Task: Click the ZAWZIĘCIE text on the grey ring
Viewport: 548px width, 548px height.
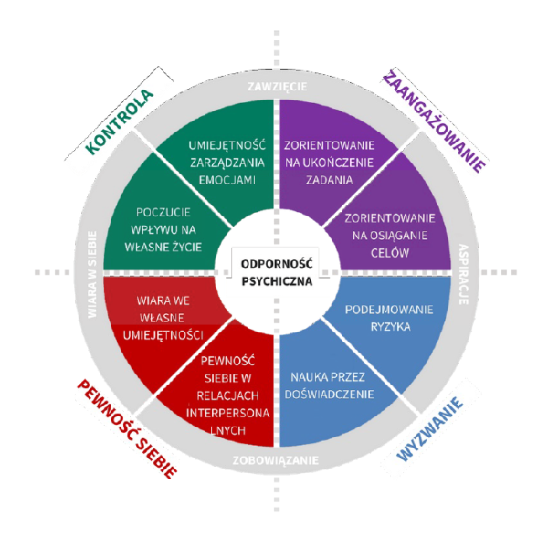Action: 278,88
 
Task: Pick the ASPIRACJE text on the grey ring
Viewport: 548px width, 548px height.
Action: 463,271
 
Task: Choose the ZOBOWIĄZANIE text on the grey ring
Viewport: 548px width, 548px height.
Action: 276,460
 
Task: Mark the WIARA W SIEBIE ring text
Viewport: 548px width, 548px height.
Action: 92,273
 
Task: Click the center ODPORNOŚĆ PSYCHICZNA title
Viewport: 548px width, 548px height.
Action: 276,272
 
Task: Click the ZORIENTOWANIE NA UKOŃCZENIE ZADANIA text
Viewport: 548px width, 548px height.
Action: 330,163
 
